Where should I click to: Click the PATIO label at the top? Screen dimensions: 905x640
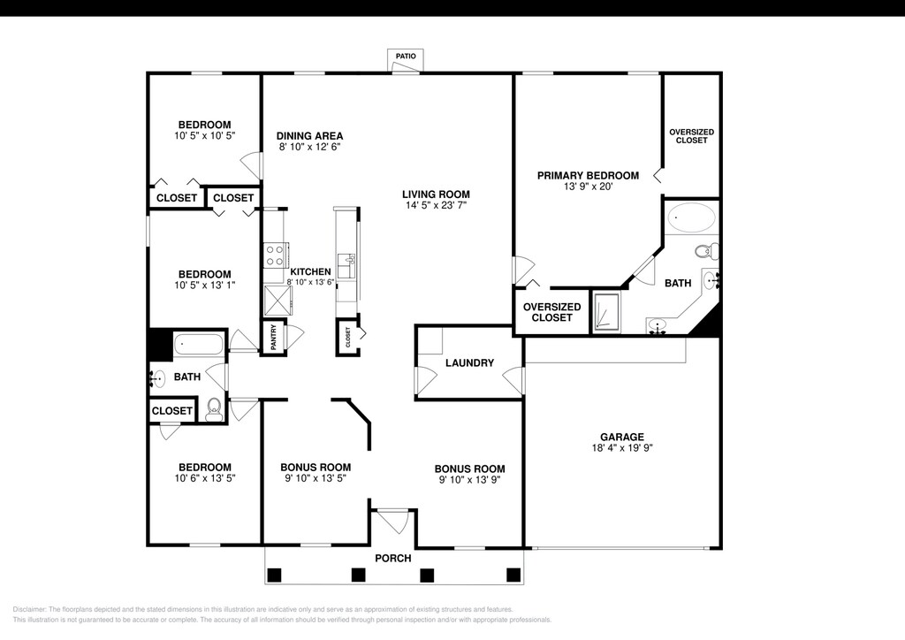(x=406, y=56)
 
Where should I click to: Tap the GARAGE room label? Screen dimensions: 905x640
(x=621, y=437)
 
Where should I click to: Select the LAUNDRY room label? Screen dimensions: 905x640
(x=469, y=363)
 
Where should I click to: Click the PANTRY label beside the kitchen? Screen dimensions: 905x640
(x=274, y=337)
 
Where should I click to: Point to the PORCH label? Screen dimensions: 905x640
(x=393, y=558)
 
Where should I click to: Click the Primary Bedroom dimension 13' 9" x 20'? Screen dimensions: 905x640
(x=588, y=187)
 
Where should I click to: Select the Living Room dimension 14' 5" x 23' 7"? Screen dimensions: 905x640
(x=436, y=205)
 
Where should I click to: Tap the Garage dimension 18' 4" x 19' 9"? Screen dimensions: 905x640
(x=621, y=447)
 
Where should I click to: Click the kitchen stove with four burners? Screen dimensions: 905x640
(x=274, y=255)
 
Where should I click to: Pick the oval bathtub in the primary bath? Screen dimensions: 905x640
(x=691, y=217)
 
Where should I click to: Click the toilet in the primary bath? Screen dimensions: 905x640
(x=706, y=252)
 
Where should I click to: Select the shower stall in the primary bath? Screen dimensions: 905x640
(x=606, y=312)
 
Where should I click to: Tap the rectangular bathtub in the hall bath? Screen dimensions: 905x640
(x=198, y=345)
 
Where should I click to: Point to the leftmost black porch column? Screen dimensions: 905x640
(x=274, y=575)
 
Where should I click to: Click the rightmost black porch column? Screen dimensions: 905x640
(x=513, y=575)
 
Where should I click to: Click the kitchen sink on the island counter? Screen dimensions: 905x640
(x=346, y=265)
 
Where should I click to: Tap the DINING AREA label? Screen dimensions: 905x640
(x=310, y=136)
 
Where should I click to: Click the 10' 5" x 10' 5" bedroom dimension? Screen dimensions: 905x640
(x=205, y=135)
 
